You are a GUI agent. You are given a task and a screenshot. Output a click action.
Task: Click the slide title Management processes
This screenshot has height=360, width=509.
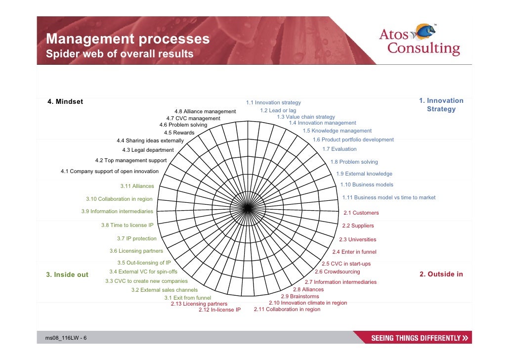coord(127,39)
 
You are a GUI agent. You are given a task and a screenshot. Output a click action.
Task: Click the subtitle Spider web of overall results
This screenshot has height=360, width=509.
coord(120,54)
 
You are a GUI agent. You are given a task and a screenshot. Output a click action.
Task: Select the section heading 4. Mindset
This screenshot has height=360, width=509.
coord(65,102)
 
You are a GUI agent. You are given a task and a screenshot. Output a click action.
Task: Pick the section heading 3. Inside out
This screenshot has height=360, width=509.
coord(67,275)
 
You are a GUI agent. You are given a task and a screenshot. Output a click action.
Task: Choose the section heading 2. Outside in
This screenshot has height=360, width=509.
coord(441,274)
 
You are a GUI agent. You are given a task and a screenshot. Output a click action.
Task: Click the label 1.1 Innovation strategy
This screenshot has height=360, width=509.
coord(273,103)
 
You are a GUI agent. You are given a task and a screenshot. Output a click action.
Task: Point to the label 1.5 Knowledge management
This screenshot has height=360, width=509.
coord(337,131)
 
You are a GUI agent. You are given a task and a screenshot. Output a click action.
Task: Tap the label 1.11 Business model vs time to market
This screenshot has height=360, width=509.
coord(388,197)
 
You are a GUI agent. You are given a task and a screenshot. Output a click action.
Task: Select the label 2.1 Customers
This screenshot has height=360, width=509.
coord(361,213)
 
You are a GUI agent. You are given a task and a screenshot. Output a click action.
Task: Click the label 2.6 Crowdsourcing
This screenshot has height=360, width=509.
coord(337,272)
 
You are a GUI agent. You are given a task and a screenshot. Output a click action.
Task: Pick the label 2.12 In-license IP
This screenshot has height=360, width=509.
coord(219,310)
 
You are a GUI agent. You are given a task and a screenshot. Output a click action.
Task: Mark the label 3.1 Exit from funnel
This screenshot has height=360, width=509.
coord(187,298)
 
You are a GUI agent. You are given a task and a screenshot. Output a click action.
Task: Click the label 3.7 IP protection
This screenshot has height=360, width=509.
coord(136,238)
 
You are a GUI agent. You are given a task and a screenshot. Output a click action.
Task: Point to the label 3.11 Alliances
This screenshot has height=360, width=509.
coord(137,186)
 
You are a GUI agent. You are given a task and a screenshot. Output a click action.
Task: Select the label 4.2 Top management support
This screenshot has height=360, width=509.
coord(130,160)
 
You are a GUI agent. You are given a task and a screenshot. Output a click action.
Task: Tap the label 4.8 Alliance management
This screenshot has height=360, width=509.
coord(205,112)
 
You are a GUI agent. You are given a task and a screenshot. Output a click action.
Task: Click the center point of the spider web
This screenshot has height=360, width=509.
coord(246,209)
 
